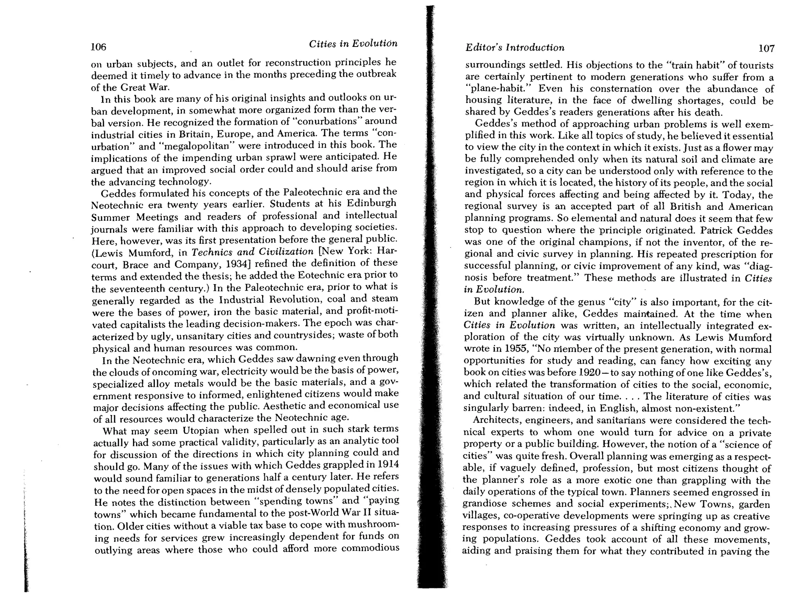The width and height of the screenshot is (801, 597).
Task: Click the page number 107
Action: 766,49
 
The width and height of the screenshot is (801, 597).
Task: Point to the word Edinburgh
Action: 372,204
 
